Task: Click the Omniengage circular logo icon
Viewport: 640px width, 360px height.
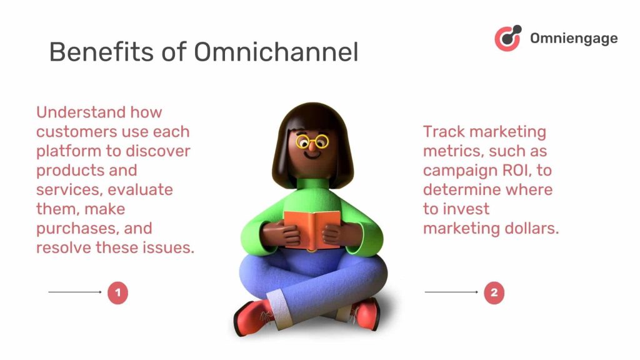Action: pos(507,37)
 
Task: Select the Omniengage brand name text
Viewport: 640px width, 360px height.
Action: pos(574,38)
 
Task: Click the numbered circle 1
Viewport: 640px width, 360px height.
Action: pos(117,292)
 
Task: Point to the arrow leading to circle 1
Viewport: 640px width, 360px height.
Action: pos(74,292)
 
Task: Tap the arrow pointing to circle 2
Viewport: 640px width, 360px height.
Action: pos(451,292)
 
